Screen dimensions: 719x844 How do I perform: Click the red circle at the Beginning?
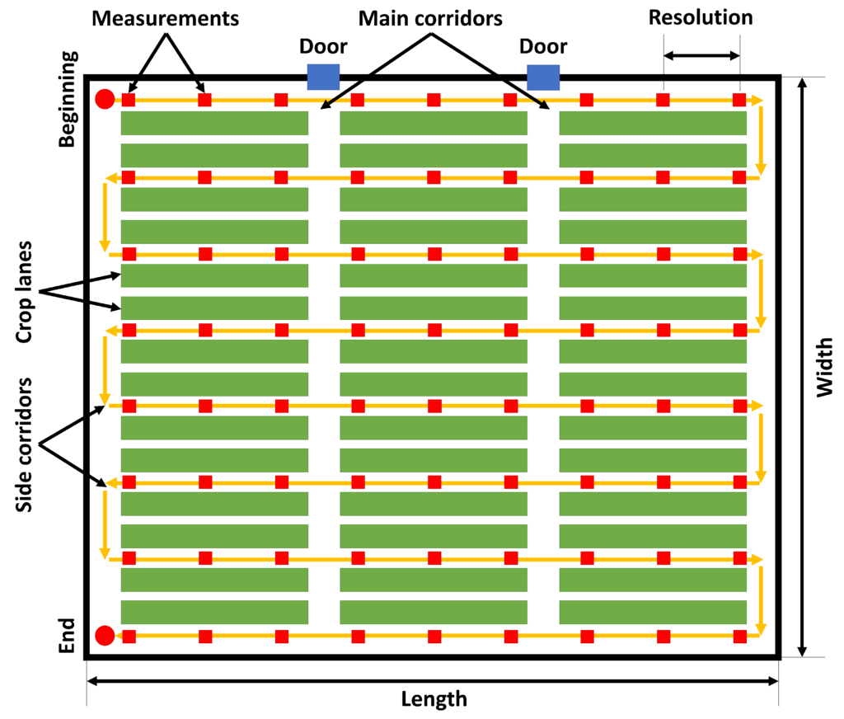pyautogui.click(x=105, y=100)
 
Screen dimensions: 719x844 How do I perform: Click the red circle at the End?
pyautogui.click(x=105, y=636)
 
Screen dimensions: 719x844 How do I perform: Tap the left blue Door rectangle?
pyautogui.click(x=323, y=76)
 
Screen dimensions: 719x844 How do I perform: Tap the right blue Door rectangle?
pyautogui.click(x=543, y=76)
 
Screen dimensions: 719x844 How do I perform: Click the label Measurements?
pyautogui.click(x=166, y=18)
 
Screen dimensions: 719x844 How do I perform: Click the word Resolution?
pyautogui.click(x=701, y=17)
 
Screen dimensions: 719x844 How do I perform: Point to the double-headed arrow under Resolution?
pyautogui.click(x=701, y=56)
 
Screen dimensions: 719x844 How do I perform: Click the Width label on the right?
pyautogui.click(x=825, y=368)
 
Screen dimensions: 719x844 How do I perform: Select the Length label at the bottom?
pyautogui.click(x=434, y=700)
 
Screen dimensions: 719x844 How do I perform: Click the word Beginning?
pyautogui.click(x=68, y=99)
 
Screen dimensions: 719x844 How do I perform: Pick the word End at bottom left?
pyautogui.click(x=68, y=637)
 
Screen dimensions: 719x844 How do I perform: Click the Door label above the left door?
pyautogui.click(x=323, y=47)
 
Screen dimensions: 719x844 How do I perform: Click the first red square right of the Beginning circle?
pyautogui.click(x=129, y=101)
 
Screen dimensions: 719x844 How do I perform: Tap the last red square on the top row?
pyautogui.click(x=739, y=101)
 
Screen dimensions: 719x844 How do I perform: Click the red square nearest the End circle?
pyautogui.click(x=129, y=636)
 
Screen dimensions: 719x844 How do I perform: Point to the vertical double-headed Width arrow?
pyautogui.click(x=800, y=368)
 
